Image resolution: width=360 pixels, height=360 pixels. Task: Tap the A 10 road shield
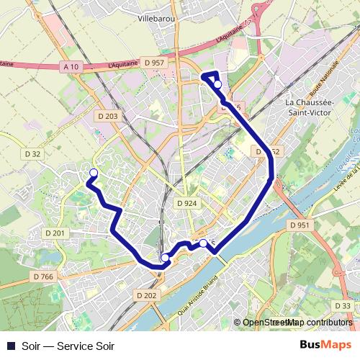coord(70,67)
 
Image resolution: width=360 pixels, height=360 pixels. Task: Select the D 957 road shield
coord(154,63)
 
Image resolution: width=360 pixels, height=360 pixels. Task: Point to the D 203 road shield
coord(107,116)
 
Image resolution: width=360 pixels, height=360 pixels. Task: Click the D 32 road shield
coord(32,154)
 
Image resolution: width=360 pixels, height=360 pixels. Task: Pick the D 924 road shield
coord(186,204)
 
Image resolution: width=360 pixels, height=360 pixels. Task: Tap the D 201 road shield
coord(55,233)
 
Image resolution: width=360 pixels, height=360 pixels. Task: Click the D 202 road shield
coord(145,295)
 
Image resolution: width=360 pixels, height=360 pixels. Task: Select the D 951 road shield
coord(300,225)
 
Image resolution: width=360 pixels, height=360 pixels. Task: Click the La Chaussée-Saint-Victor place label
coord(311,107)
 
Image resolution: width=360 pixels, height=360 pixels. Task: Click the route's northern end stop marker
coord(217,84)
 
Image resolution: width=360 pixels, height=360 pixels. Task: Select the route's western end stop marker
coord(93,171)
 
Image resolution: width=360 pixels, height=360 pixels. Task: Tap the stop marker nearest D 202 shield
coord(165,257)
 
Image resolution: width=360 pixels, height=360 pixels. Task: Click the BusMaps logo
coord(325,345)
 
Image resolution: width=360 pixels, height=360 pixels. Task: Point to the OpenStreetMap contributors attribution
coord(297,323)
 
